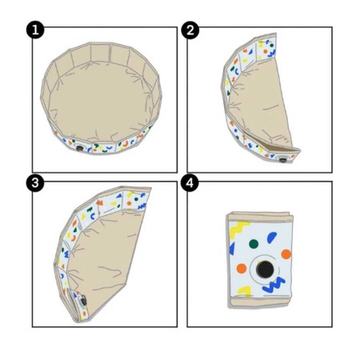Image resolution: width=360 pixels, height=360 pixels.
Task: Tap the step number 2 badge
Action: click(191, 31)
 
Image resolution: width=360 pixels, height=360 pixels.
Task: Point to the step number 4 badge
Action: click(191, 183)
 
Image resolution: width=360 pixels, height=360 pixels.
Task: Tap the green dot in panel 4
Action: click(253, 244)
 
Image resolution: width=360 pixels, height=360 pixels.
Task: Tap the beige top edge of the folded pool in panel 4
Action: click(259, 216)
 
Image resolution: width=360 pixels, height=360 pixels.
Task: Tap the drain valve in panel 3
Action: click(83, 300)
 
